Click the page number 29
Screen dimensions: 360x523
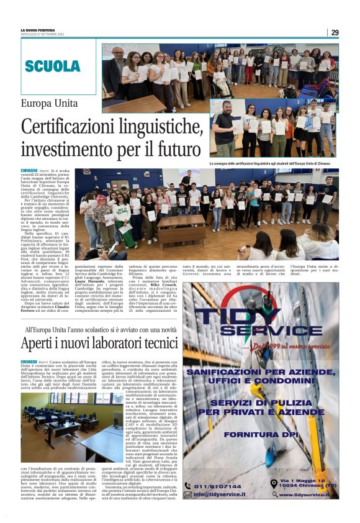pyautogui.click(x=335, y=32)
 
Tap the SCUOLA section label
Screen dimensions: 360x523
pyautogui.click(x=53, y=66)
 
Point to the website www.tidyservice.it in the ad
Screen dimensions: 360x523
pyautogui.click(x=304, y=494)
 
